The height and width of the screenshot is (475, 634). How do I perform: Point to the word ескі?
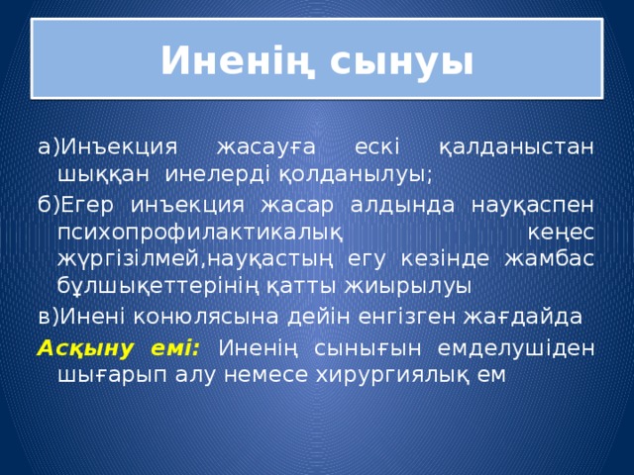[376, 147]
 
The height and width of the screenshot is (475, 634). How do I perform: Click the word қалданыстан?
[516, 147]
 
